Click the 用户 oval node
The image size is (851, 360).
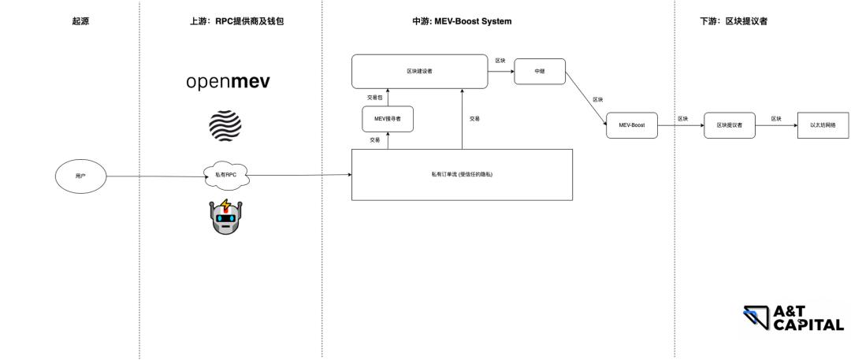(x=80, y=176)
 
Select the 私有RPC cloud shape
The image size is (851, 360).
(x=225, y=174)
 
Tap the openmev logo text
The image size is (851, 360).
(x=228, y=82)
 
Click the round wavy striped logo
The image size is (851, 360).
(x=225, y=126)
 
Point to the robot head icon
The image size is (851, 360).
(x=226, y=217)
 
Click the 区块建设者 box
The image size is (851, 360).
(x=419, y=71)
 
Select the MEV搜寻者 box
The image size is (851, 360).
(x=388, y=119)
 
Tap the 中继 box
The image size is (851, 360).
(x=540, y=71)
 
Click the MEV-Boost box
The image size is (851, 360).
(x=631, y=125)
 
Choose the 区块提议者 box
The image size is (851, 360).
(x=729, y=125)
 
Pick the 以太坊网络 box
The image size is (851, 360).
(x=823, y=125)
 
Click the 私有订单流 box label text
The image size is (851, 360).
(x=462, y=173)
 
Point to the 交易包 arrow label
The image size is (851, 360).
(x=374, y=97)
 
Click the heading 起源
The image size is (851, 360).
(x=80, y=21)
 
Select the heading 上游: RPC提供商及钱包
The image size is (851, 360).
(x=231, y=21)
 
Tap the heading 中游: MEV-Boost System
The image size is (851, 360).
(x=462, y=21)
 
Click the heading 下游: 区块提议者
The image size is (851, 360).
(x=733, y=21)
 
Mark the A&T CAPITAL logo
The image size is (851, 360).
(x=793, y=317)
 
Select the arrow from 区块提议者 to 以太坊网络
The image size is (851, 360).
(x=776, y=125)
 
